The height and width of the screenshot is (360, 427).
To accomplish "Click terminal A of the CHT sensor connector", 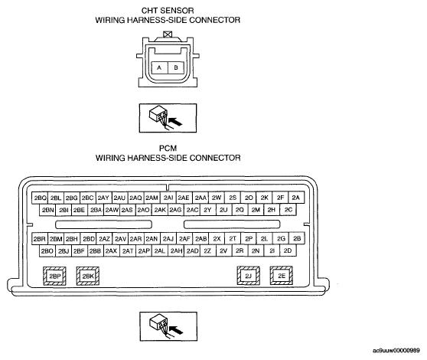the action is tap(160, 67).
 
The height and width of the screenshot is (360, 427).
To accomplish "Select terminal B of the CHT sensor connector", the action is tap(176, 67).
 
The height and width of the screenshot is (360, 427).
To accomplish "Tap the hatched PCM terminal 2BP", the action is tap(54, 276).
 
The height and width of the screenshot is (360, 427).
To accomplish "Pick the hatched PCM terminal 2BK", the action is tap(88, 276).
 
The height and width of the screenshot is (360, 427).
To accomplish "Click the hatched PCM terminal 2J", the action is tap(249, 276).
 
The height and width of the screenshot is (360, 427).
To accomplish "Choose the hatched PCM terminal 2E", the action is tap(282, 276).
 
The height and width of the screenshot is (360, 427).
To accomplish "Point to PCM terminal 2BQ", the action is tap(40, 198).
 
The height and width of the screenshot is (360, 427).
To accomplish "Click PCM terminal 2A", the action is tap(296, 198).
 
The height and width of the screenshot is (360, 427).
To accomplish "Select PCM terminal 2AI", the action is tap(168, 198).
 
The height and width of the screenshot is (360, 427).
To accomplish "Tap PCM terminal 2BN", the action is tap(47, 210).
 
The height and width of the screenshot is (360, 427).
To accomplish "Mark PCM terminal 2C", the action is tap(288, 210).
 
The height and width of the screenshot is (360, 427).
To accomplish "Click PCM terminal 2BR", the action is tap(40, 239).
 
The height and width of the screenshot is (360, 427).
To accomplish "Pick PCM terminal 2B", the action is tap(297, 239).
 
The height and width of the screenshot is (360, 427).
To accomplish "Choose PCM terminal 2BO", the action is tap(47, 250).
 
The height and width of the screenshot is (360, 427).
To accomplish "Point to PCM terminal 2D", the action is tap(288, 250).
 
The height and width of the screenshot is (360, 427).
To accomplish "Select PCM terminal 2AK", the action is tap(160, 210).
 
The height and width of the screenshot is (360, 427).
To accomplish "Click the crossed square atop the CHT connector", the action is tap(168, 34).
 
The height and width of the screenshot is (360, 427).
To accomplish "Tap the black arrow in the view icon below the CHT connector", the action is tap(175, 121).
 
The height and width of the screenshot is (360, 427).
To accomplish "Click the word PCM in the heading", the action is tap(168, 149).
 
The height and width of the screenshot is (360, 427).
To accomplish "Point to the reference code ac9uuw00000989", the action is tap(396, 351).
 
